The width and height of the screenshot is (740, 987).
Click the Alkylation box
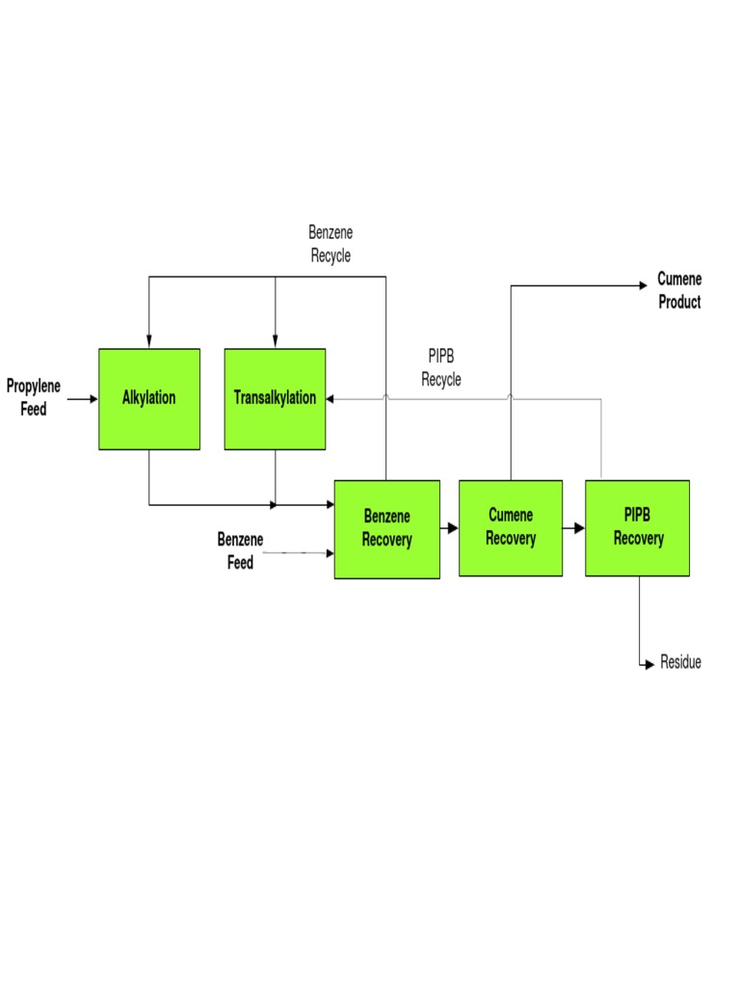(x=149, y=398)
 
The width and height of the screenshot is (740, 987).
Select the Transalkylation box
(x=275, y=398)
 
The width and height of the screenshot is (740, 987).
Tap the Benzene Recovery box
(x=386, y=529)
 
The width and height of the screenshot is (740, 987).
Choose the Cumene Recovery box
(x=510, y=527)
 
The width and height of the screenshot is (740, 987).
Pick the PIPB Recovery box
(x=637, y=527)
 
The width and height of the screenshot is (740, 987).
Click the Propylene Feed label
(x=34, y=398)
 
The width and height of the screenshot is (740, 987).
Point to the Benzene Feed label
(x=240, y=551)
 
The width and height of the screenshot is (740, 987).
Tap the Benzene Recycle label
(x=330, y=244)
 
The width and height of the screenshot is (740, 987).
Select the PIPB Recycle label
(x=441, y=369)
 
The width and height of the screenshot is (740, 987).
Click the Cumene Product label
(x=679, y=290)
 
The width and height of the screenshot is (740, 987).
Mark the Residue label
(x=680, y=663)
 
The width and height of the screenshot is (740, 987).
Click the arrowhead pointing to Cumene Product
(x=644, y=285)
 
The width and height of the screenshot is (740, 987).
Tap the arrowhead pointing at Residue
(x=649, y=664)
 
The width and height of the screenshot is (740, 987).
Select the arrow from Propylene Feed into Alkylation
(x=83, y=398)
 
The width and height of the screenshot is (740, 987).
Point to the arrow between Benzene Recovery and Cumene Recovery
(x=449, y=528)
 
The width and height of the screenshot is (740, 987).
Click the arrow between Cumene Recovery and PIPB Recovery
(x=574, y=528)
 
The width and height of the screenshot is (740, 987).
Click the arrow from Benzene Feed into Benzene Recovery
(x=299, y=553)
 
